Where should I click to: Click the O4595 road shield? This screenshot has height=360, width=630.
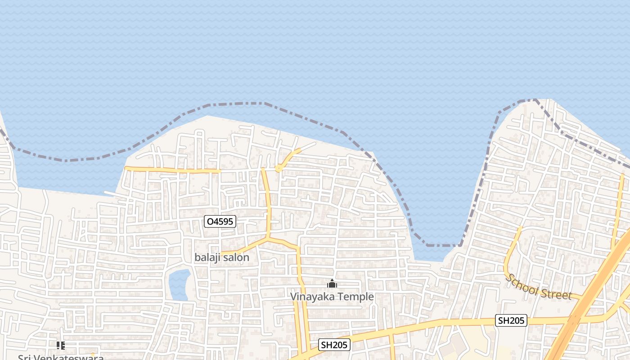tap(220, 221)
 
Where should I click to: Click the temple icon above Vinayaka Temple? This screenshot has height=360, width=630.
tap(332, 283)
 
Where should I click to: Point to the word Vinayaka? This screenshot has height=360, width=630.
tap(310, 297)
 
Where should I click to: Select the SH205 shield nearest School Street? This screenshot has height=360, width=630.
tap(511, 320)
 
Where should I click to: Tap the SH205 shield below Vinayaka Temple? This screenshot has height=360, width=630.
tap(334, 345)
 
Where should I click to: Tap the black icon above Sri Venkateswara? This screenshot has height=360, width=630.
tap(61, 346)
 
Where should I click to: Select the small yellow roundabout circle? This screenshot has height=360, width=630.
tap(279, 169)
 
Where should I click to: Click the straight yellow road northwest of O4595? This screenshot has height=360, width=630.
tap(171, 170)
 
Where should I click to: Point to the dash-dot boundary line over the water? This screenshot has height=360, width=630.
tap(234, 103)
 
